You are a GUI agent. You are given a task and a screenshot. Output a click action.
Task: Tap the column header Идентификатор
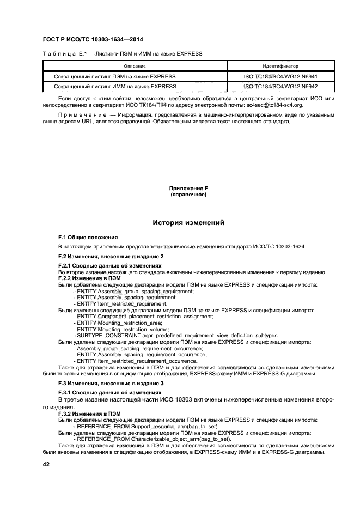click(280, 66)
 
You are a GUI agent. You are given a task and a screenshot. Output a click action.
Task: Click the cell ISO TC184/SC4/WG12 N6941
click(280, 77)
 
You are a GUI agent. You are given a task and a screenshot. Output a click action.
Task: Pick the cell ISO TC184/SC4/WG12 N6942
click(280, 86)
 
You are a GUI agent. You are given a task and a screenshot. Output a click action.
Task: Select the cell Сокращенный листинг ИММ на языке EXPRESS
click(115, 86)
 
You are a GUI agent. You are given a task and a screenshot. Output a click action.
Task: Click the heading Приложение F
click(188, 188)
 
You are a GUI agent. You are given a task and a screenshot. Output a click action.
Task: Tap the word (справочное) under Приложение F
click(188, 194)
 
